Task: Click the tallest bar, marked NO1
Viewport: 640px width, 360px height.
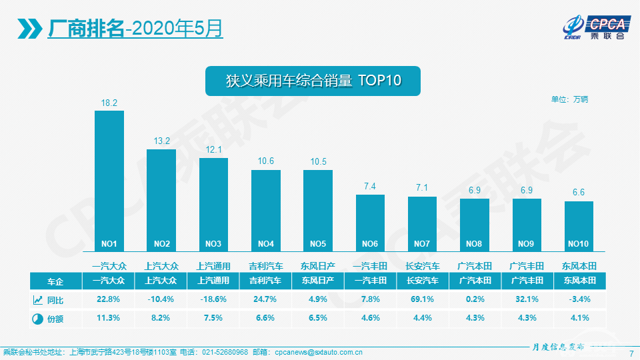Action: pyautogui.click(x=109, y=180)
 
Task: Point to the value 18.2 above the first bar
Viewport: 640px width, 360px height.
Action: pyautogui.click(x=109, y=103)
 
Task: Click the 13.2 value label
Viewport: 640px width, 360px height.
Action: pyautogui.click(x=162, y=141)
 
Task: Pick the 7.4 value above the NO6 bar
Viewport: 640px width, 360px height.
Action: pyautogui.click(x=370, y=187)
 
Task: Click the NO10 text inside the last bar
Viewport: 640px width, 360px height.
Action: pyautogui.click(x=579, y=243)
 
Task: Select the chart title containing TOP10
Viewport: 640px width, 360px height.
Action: pyautogui.click(x=313, y=81)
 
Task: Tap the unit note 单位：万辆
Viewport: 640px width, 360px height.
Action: pyautogui.click(x=569, y=99)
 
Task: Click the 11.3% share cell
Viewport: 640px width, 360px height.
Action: pyautogui.click(x=109, y=319)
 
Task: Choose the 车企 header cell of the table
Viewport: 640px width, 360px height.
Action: pyautogui.click(x=56, y=281)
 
